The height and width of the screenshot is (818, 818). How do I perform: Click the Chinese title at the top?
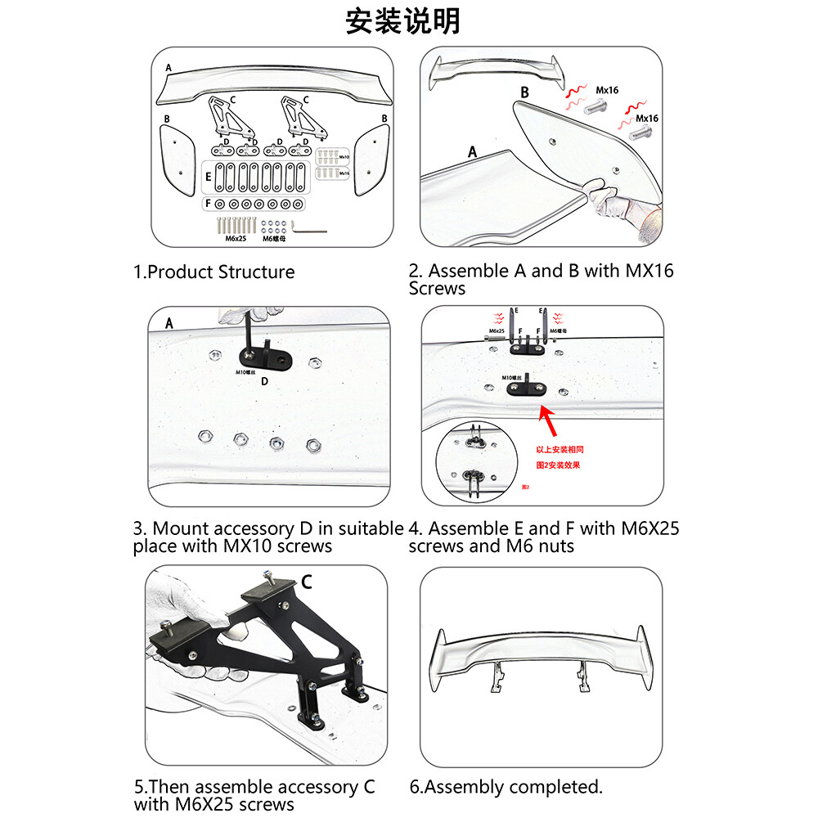point(402,22)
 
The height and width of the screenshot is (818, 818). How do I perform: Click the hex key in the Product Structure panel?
point(308,229)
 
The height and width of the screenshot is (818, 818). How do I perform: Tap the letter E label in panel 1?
point(209,175)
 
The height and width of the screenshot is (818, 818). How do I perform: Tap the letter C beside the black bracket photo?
point(306,582)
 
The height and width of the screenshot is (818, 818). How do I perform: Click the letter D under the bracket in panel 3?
point(263,380)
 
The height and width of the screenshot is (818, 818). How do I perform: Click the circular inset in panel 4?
point(473,461)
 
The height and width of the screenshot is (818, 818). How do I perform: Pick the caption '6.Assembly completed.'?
point(506,787)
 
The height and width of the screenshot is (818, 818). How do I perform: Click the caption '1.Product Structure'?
point(213,272)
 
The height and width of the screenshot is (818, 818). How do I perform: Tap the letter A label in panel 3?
point(169,322)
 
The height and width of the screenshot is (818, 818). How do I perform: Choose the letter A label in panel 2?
point(472,151)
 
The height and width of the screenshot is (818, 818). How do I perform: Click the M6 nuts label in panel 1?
point(276,239)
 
